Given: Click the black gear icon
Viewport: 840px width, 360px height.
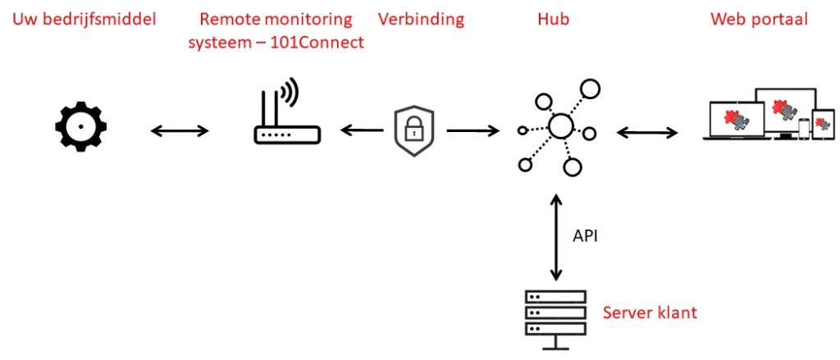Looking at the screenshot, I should click(80, 128).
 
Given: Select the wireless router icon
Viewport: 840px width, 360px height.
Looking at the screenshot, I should click(284, 119).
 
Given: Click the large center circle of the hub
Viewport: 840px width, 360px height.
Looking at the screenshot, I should click(560, 126).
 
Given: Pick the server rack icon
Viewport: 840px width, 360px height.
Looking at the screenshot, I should click(555, 317).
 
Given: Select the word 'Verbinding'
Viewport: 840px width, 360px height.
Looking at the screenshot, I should click(421, 19).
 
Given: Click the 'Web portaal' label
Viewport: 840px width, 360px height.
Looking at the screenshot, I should click(759, 19).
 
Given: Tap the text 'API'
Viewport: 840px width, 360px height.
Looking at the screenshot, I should click(586, 236).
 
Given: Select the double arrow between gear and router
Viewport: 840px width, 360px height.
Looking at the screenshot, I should click(180, 130).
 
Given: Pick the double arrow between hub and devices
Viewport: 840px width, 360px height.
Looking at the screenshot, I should click(647, 131).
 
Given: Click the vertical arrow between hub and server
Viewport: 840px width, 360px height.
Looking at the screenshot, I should click(556, 237).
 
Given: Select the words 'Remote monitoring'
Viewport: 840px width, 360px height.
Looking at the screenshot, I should click(276, 19).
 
